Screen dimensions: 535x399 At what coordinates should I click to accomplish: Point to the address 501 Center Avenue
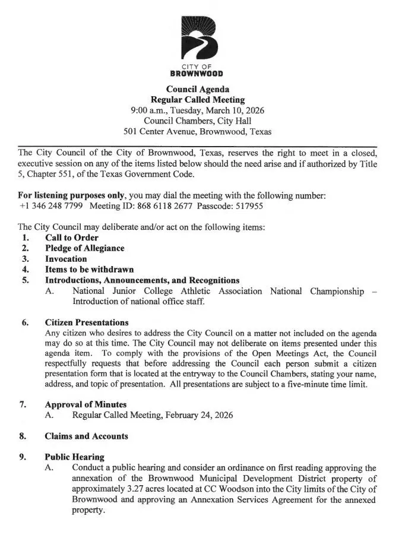[159, 131]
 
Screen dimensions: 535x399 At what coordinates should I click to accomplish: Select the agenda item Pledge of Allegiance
[85, 248]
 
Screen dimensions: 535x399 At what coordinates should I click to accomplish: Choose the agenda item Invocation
[66, 259]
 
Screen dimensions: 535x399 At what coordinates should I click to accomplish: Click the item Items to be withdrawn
[89, 270]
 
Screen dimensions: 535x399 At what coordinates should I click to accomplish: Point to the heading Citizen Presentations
[87, 322]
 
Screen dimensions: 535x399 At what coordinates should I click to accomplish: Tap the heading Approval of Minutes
[85, 404]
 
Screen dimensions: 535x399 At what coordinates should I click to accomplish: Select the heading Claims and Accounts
[86, 436]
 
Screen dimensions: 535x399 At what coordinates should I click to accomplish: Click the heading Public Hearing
[75, 457]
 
